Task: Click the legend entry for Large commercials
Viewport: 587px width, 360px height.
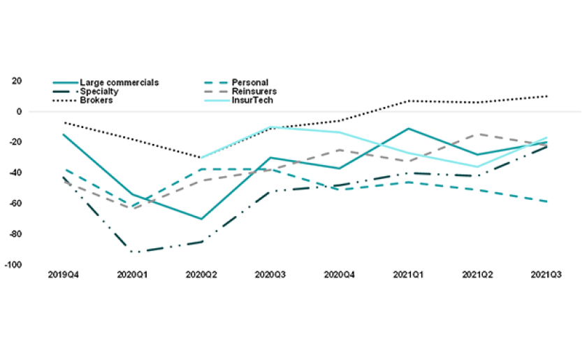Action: click(119, 82)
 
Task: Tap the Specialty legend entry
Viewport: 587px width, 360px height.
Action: click(99, 92)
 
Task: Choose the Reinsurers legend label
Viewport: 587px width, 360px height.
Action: click(256, 92)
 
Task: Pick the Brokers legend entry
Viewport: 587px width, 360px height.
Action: click(96, 100)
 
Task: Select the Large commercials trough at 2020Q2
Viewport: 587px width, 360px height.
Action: click(202, 219)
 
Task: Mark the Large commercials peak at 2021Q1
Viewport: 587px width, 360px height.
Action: click(409, 129)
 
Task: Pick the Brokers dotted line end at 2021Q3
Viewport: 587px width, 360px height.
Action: click(546, 96)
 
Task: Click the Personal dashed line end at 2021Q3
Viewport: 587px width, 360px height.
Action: click(546, 201)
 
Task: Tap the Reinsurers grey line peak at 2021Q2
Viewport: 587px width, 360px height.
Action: click(478, 134)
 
